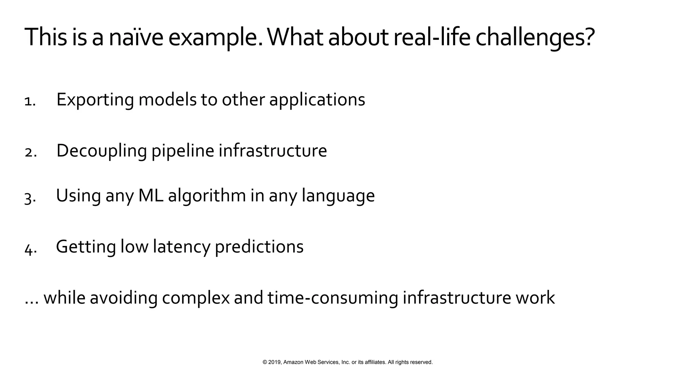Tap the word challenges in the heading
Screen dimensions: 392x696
[535, 37]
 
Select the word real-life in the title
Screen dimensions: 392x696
[432, 37]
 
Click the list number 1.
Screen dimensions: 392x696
[30, 101]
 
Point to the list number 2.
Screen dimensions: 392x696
[30, 152]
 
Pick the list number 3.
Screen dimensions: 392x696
[30, 198]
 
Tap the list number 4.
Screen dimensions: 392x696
[30, 249]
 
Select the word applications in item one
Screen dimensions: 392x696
[317, 100]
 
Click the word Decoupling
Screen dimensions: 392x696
[101, 151]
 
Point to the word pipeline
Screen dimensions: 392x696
[182, 151]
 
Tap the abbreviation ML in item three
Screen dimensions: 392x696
[151, 196]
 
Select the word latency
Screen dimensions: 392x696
[181, 247]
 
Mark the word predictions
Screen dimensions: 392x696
[259, 247]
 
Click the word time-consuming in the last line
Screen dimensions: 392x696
[332, 298]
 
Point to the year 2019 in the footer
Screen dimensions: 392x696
[275, 362]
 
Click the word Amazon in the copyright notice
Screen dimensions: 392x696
[293, 362]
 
